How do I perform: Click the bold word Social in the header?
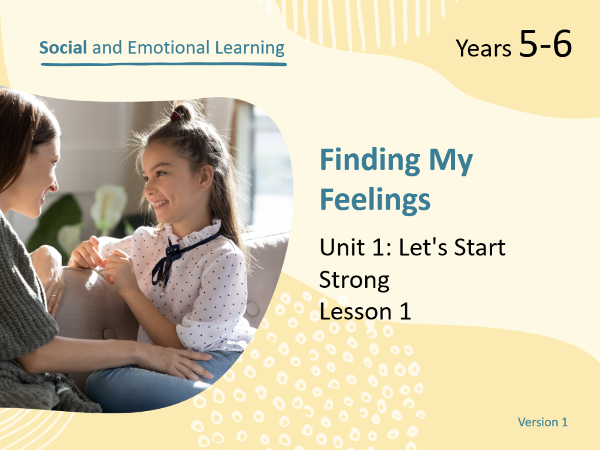pyautogui.click(x=63, y=48)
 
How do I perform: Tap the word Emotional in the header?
pyautogui.click(x=169, y=48)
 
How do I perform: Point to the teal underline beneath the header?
pyautogui.click(x=164, y=64)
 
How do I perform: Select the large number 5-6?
pyautogui.click(x=545, y=44)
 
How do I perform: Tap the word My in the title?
pyautogui.click(x=450, y=162)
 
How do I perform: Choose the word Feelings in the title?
pyautogui.click(x=375, y=201)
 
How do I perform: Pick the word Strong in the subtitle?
pyautogui.click(x=354, y=280)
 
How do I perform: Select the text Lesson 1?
pyautogui.click(x=365, y=311)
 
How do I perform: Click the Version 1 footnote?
pyautogui.click(x=543, y=422)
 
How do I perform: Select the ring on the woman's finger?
pyautogui.click(x=54, y=296)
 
